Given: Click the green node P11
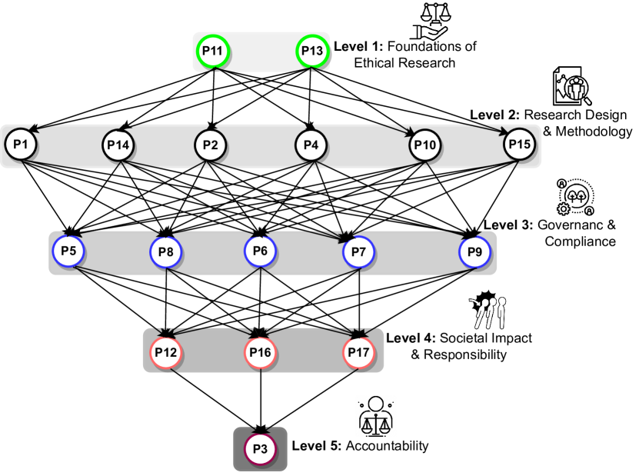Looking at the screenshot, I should point(212,52).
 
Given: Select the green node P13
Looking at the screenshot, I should point(312,52).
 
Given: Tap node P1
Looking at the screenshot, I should point(20,144).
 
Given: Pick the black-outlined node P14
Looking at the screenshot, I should point(118,145).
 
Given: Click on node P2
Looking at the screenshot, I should point(210,145).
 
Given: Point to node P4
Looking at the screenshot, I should point(311,145).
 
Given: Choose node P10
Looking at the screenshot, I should point(424,145).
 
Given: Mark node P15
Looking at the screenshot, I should point(519,144).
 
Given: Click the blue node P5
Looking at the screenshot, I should point(68,251).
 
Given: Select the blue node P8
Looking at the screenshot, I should point(165,251).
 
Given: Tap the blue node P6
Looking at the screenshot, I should point(260,251).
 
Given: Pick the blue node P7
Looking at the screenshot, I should point(358,251).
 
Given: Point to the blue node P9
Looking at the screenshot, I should point(474,251).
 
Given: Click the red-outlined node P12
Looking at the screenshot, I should point(165,353).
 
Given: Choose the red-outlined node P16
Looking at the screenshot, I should point(261,353).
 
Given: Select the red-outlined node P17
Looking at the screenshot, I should point(358,353).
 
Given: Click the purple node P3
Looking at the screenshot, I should point(260,449).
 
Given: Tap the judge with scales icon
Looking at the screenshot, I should point(376,416).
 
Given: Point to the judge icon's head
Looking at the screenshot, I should point(376,403).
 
